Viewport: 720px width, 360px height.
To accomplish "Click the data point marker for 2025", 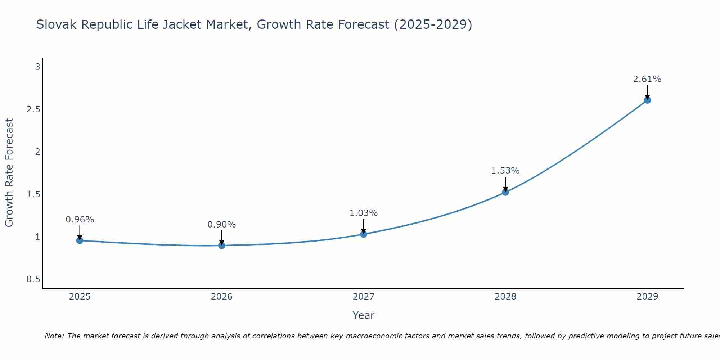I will point(80,240).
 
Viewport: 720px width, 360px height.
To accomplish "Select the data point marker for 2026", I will point(222,246).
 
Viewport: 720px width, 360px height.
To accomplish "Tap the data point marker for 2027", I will point(364,234).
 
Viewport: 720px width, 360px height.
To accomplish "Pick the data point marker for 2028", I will point(505,192).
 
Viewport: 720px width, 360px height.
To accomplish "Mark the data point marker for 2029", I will point(647,100).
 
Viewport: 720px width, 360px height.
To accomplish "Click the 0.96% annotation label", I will point(80,220).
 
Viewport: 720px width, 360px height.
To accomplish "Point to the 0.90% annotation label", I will point(222,225).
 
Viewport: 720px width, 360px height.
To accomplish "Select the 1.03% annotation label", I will point(364,213).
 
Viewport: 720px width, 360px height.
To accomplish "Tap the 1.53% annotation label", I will point(505,171).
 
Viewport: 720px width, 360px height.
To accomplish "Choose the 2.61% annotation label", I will point(647,79).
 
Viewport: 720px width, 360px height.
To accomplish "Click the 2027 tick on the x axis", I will point(364,297).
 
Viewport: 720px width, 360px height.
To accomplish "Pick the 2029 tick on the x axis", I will point(647,297).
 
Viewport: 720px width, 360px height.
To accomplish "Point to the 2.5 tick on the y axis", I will point(33,109).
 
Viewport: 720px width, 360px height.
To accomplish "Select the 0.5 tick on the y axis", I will point(33,280).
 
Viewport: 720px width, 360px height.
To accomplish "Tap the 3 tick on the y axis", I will point(37,67).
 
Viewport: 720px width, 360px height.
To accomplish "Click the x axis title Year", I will point(364,315).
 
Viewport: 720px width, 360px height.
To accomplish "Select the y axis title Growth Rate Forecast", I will point(9,173).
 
